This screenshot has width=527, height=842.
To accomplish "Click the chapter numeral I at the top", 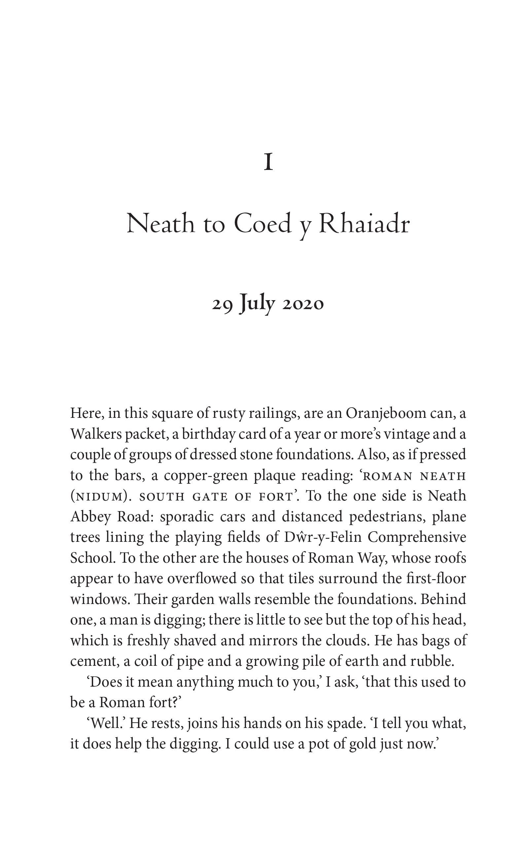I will tap(268, 163).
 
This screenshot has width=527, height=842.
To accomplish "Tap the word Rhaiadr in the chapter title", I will tap(364, 224).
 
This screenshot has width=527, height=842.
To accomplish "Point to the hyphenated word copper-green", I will tap(205, 476).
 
